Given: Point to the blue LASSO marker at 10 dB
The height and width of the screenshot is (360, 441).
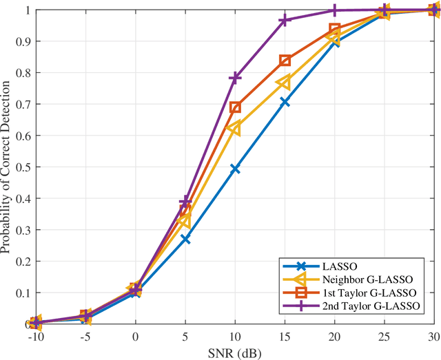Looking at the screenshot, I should pos(235,169).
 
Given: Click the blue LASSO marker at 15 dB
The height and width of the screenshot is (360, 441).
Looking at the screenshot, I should pos(285,102).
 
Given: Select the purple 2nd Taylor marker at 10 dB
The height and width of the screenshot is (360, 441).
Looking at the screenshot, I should pos(235,78).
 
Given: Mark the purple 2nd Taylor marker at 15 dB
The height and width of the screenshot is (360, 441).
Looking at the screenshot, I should pos(285,21).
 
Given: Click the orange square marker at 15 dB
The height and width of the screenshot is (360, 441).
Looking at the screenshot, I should pos(285,61).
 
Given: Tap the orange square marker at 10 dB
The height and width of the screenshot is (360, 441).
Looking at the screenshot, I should pos(235,107).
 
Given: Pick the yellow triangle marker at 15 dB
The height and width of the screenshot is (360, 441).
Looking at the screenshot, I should pos(284,83).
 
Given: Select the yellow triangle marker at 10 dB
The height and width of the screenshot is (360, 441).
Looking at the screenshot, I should pos(234,128).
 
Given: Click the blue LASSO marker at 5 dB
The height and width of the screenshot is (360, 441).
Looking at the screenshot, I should pos(185,239).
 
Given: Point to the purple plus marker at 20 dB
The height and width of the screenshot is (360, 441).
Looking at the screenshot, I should pos(335,10).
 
